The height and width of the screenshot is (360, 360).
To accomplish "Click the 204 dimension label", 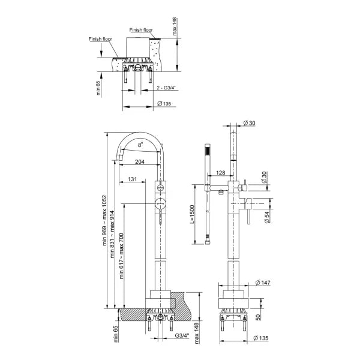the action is pos(140,161).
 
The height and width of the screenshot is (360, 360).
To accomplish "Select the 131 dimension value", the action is pos(132,179).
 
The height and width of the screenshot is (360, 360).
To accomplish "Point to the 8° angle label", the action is pos(140,145).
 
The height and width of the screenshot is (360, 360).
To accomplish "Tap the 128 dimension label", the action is pos(221,173).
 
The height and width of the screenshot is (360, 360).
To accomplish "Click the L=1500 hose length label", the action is pos(192,214).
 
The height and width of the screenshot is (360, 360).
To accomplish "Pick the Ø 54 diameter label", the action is pos(267,217).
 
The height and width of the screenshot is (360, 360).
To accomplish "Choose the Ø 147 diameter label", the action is pos(263,283).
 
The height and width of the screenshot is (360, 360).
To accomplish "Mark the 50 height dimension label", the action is pos(258,317).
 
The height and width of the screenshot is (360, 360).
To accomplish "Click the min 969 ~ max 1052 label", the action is pos(104,220).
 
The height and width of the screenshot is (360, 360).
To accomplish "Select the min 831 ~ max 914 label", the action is pos(112,234).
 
